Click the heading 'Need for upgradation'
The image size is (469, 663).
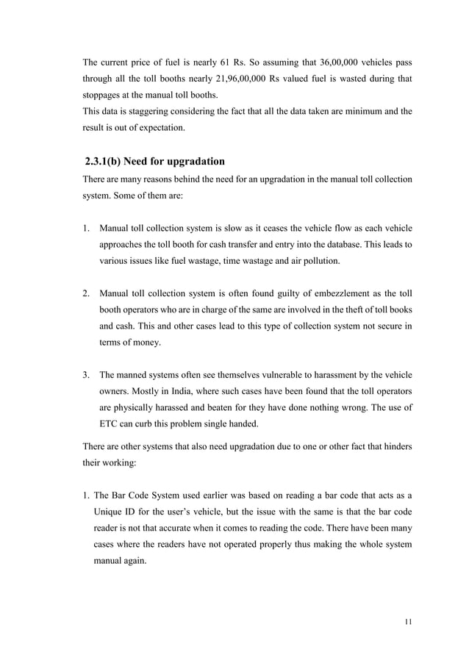[x=176, y=162]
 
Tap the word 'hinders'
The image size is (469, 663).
[x=395, y=448]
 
